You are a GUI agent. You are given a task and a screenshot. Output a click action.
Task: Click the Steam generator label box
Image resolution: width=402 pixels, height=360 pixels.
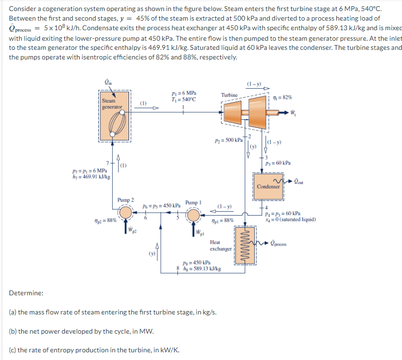[111, 104]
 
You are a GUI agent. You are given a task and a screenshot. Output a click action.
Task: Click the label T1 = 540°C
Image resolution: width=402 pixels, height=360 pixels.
[183, 99]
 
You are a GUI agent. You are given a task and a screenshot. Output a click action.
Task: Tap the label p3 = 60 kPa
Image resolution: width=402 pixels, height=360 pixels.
[278, 163]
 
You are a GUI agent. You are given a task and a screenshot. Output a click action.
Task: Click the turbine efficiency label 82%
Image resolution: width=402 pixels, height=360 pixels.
[280, 98]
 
